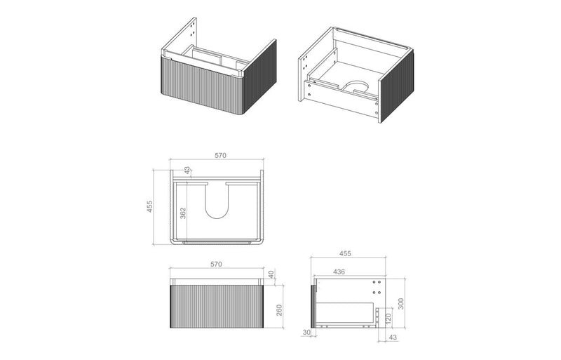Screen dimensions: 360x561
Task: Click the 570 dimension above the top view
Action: pyautogui.click(x=219, y=156)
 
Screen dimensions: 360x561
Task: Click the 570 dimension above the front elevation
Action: pyautogui.click(x=216, y=265)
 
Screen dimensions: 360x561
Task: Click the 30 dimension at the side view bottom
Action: pyautogui.click(x=306, y=333)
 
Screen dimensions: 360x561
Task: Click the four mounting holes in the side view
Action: pyautogui.click(x=375, y=287)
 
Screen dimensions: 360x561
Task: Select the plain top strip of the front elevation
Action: pyautogui.click(x=217, y=279)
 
